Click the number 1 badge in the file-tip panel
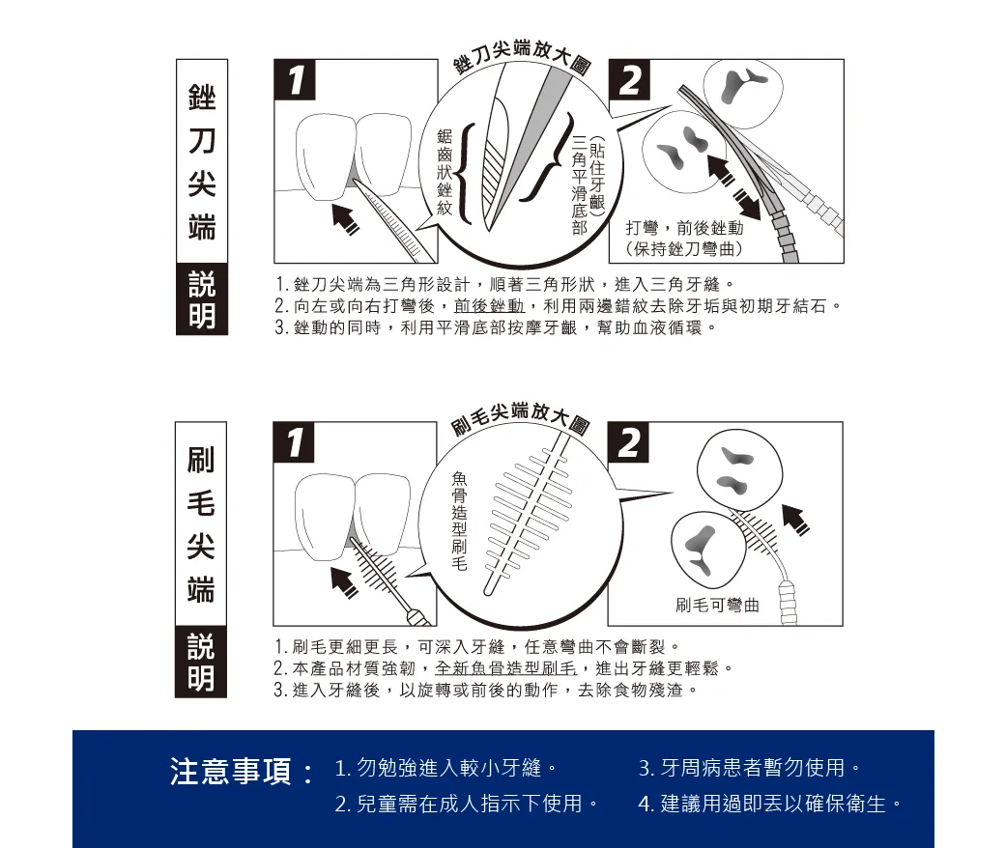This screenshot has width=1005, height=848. click(x=295, y=80)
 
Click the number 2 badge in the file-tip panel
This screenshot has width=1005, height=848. click(x=629, y=80)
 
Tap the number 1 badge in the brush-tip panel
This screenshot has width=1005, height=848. click(x=294, y=442)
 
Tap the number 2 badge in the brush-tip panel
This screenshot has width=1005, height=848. click(x=628, y=442)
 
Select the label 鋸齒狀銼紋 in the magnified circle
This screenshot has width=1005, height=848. click(x=445, y=172)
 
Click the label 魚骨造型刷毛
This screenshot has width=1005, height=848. click(x=460, y=520)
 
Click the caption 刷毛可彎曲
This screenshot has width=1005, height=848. click(x=717, y=605)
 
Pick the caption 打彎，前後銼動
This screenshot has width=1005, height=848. click(x=684, y=228)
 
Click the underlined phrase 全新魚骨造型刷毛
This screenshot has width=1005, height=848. click(x=505, y=668)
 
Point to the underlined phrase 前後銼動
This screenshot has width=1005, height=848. click(x=489, y=306)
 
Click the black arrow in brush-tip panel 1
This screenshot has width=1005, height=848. click(x=345, y=582)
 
